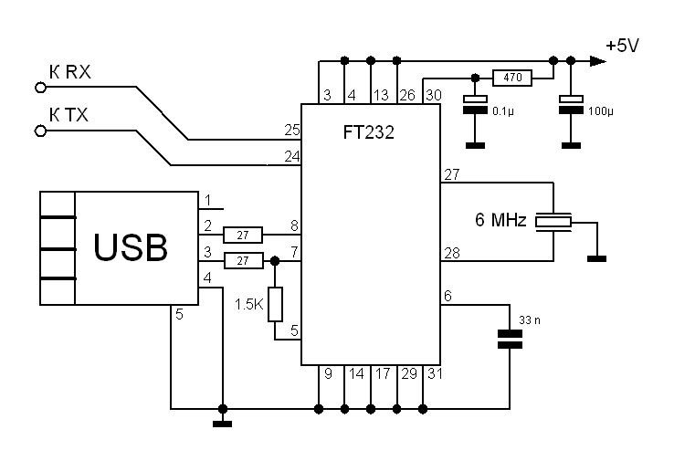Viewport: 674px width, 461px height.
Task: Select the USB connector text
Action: point(132,247)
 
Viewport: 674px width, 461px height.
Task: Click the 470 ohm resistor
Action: point(512,79)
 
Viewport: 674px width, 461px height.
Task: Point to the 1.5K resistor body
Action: point(276,304)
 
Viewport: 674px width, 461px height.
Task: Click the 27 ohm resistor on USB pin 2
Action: point(243,234)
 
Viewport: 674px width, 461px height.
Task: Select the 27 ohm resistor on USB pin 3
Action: point(243,261)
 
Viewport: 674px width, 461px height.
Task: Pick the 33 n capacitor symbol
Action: point(510,339)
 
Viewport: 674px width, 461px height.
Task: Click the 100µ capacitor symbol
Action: point(571,103)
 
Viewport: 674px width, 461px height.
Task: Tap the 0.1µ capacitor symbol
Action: point(474,103)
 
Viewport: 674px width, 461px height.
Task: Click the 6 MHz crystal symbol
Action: point(553,221)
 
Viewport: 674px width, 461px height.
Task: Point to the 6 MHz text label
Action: point(500,221)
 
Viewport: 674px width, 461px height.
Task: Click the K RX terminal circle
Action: point(39,88)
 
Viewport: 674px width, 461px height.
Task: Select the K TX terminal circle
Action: point(39,131)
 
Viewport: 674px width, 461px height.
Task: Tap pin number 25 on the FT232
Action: point(291,131)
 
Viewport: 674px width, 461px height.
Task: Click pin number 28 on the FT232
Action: point(451,252)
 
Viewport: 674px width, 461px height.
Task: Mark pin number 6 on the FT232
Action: point(447,296)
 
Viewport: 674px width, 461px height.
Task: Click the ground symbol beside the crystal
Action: point(596,257)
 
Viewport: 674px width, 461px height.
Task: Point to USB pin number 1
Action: point(208,200)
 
